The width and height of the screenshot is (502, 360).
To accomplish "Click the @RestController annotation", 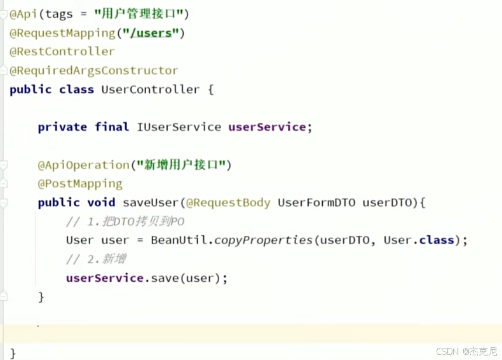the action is pos(62,52).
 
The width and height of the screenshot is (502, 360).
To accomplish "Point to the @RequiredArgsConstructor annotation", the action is pos(94,71).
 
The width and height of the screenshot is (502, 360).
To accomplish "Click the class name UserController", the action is pos(151,90).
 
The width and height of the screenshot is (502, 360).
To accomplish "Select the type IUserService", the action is pos(179,127).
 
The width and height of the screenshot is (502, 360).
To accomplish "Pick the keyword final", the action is pos(112,127).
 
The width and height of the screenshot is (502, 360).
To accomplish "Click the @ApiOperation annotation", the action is pos(83,165).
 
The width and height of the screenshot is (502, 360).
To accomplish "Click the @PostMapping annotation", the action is pos(80,184).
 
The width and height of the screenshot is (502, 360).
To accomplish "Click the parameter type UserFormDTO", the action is pos(316,203).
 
